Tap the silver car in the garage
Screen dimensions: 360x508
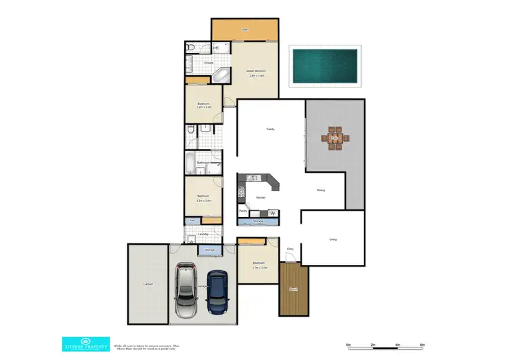point(186,292)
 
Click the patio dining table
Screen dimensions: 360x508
point(334,138)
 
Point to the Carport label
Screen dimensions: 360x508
point(148,284)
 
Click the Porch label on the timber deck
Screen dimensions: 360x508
point(293,289)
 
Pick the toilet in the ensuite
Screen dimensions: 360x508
point(191,47)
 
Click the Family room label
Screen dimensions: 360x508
point(270,129)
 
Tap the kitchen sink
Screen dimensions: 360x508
point(251,178)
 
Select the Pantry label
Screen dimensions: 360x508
point(242,211)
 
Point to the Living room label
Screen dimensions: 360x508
point(333,239)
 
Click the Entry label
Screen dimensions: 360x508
point(290,249)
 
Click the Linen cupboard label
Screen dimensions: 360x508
point(192,220)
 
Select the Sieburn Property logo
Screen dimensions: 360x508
point(85,344)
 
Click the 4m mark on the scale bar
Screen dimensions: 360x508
point(398,345)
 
